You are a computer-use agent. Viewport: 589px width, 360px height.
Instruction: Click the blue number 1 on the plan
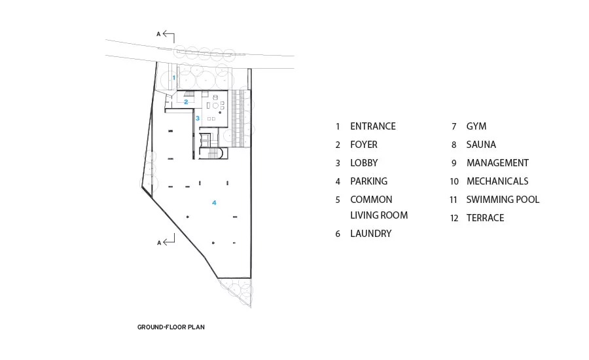pos(174,78)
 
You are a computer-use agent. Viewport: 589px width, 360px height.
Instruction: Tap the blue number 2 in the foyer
pos(186,102)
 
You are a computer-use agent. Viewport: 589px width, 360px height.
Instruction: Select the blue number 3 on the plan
pos(198,118)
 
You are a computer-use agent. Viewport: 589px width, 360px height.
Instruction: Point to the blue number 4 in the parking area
pos(214,203)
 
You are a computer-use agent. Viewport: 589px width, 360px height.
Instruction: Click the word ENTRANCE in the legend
pos(373,126)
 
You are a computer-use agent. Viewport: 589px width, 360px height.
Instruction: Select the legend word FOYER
pos(364,145)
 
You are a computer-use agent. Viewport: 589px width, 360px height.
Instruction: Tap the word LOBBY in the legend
pos(364,163)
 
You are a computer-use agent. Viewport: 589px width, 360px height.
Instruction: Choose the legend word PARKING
pos(369,181)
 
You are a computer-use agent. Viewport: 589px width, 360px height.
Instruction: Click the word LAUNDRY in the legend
pos(371,234)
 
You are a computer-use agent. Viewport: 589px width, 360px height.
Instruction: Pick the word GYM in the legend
pos(476,126)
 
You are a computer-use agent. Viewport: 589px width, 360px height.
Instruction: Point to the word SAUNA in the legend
pos(481,145)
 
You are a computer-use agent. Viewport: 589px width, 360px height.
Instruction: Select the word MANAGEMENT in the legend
pos(498,163)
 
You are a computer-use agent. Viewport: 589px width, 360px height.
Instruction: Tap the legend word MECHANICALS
pos(497,181)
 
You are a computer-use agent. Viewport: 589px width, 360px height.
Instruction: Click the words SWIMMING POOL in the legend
pos(503,200)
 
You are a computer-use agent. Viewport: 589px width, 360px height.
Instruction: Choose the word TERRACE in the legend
pos(486,218)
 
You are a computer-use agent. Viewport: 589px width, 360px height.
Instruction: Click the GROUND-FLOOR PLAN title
pos(171,327)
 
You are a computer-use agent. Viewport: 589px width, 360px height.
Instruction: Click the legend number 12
pos(454,218)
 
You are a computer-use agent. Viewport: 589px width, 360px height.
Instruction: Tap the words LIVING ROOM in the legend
pos(379,215)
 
